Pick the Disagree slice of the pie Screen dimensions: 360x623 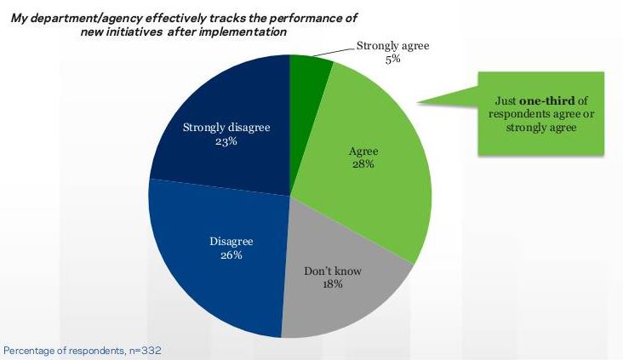click(213, 272)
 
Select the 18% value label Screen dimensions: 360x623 click(332, 285)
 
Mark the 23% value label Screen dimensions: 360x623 click(226, 143)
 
